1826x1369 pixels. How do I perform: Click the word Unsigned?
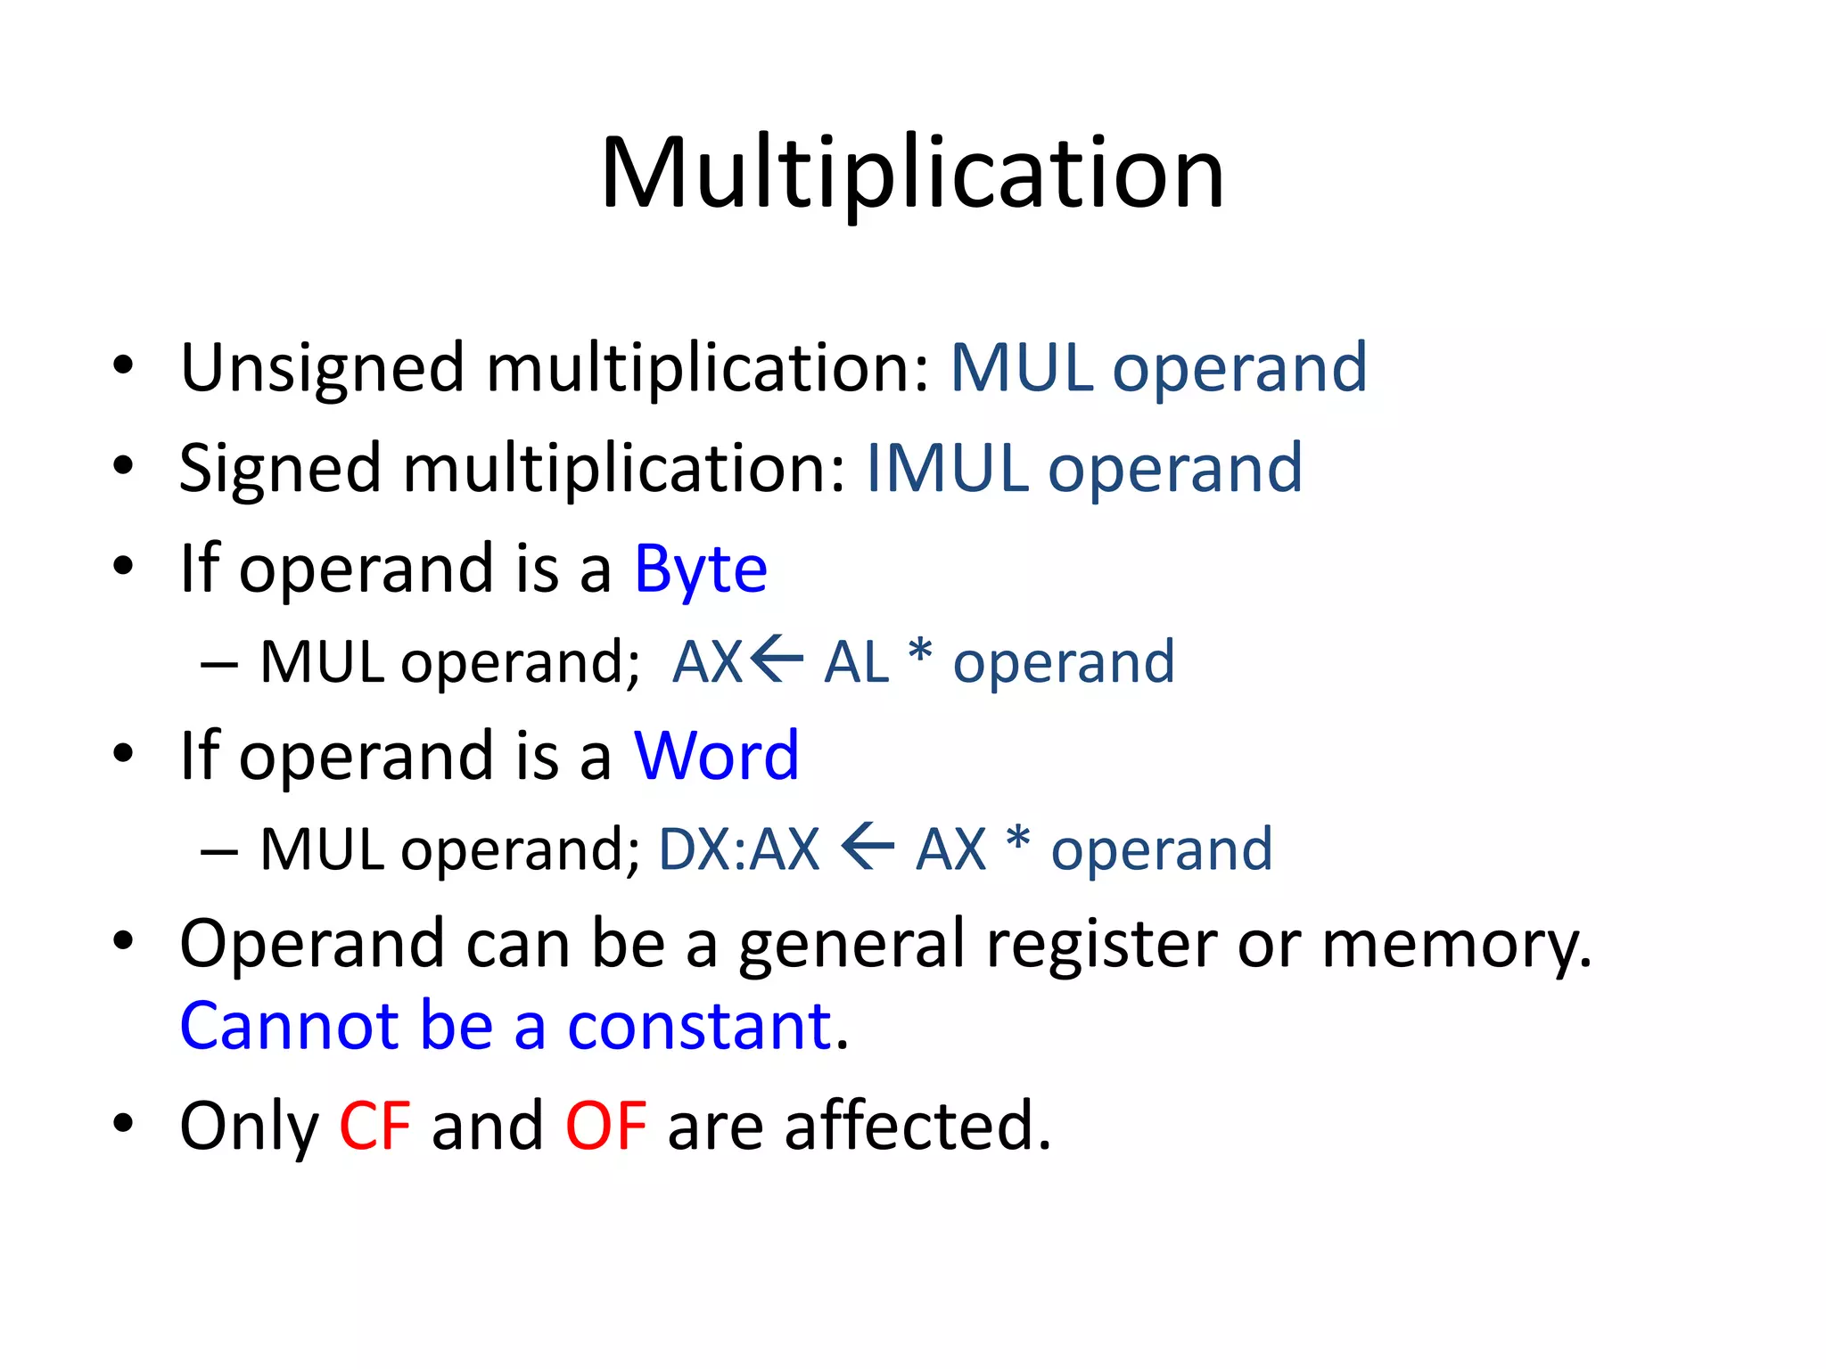point(322,368)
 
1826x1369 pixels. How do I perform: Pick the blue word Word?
point(716,756)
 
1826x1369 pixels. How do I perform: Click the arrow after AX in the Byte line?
point(777,660)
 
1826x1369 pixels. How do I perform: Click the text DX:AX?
point(738,848)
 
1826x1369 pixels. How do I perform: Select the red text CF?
point(374,1126)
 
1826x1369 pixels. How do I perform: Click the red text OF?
point(605,1126)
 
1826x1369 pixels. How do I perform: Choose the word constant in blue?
point(699,1026)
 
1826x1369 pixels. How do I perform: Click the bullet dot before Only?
point(123,1124)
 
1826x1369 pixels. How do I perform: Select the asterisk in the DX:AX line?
point(1017,840)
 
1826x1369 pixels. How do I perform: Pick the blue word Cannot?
point(289,1026)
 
